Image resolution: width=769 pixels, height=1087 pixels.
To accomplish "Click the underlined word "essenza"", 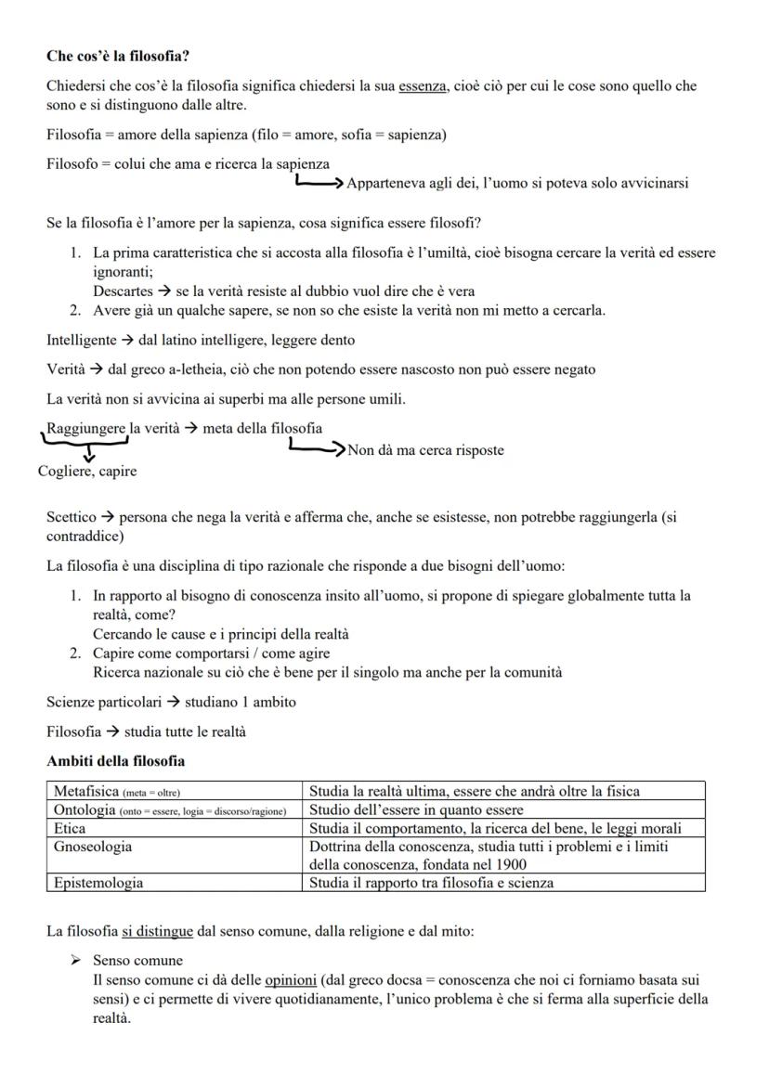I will [422, 86].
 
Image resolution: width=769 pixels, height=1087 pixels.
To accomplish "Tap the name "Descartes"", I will [123, 291].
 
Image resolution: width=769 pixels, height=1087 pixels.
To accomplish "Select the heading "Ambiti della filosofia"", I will [115, 761].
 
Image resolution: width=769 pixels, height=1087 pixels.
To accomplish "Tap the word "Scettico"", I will [72, 518].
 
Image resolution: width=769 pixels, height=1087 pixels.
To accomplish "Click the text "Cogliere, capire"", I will [87, 472].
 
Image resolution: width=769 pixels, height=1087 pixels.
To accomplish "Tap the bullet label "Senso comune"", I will [137, 961].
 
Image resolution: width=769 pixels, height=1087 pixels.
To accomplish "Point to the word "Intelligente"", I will [82, 340].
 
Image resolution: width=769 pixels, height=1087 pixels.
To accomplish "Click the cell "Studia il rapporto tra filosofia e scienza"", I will [431, 883].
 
